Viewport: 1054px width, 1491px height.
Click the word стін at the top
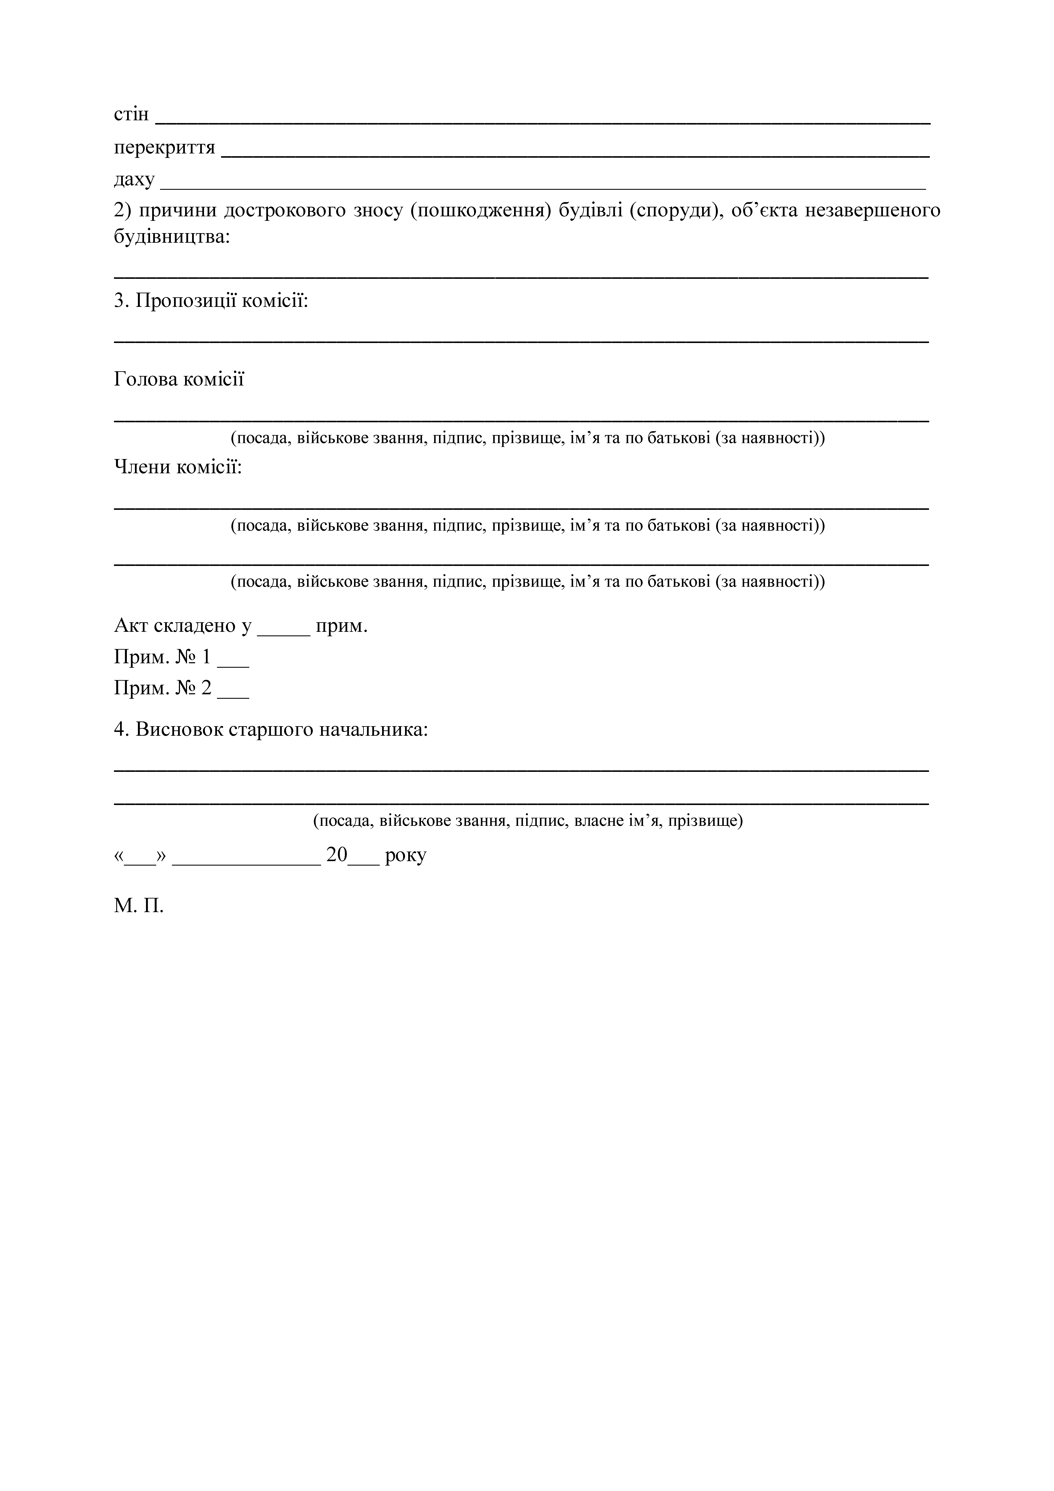tap(131, 115)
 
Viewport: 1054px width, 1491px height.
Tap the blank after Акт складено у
tap(284, 627)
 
